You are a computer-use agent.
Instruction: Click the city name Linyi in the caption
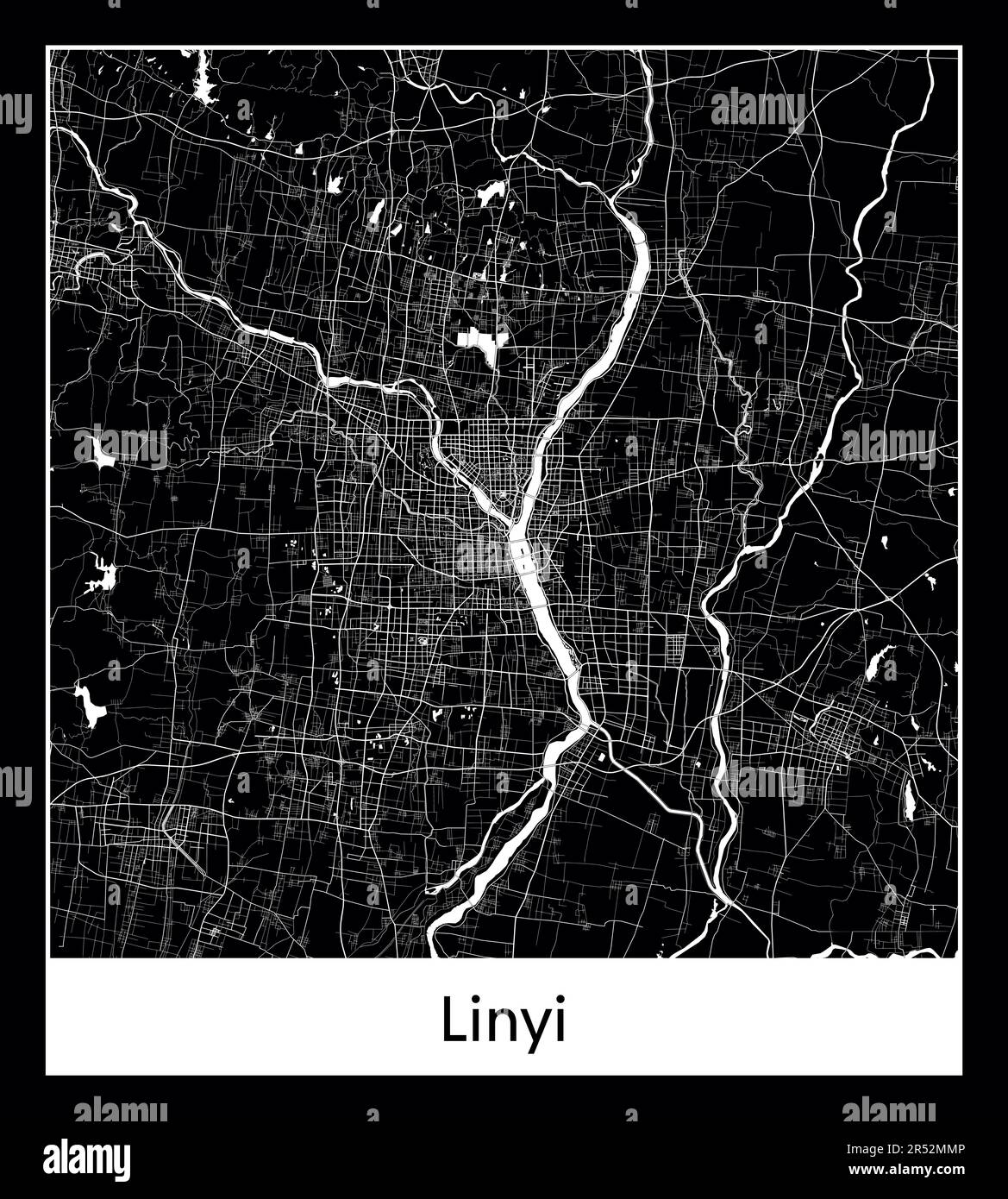tap(504, 1020)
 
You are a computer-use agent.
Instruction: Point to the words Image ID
tap(867, 1148)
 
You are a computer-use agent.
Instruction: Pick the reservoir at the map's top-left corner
tap(205, 84)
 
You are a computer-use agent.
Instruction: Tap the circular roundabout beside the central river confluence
tap(501, 498)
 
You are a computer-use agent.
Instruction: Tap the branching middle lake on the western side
tap(101, 574)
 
